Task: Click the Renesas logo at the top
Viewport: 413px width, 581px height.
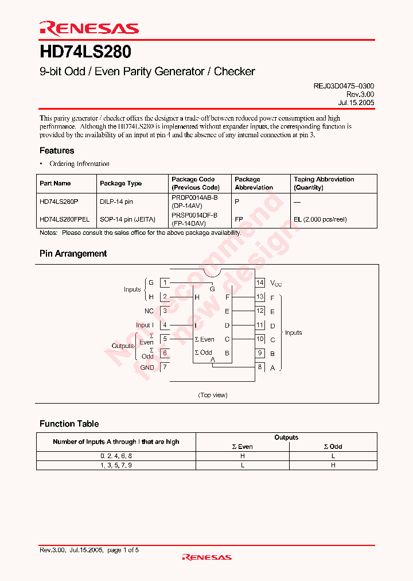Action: [x=89, y=28]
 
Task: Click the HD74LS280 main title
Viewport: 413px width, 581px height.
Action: [x=85, y=53]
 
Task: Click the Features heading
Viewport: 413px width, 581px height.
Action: [x=57, y=150]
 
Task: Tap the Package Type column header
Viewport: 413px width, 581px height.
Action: [x=120, y=183]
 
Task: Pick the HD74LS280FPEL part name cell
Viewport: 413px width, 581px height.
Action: [x=64, y=219]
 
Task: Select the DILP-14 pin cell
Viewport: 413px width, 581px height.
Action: [x=116, y=202]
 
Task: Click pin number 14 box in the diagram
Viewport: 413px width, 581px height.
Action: [x=260, y=282]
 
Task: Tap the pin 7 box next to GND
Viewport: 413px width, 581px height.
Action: [x=165, y=367]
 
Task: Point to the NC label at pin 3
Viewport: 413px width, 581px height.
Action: [x=149, y=311]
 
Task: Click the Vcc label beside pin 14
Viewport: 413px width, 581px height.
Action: [x=276, y=283]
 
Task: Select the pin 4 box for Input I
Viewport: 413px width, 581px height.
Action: [x=165, y=325]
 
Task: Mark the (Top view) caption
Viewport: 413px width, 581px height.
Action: [x=213, y=395]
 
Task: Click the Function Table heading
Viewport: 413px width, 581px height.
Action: [x=69, y=424]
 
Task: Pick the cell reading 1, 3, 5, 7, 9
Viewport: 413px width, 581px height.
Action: [x=116, y=465]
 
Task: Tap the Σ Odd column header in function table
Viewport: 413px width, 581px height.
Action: [x=333, y=446]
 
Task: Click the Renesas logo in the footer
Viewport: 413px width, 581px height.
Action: [x=206, y=557]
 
